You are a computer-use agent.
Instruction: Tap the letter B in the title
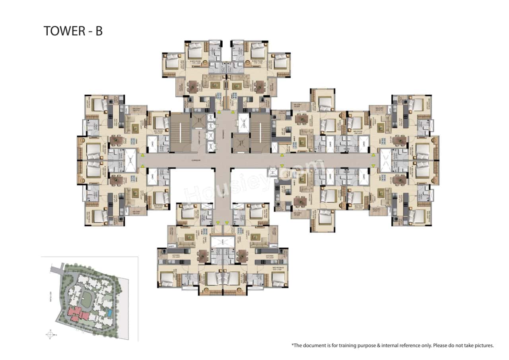98,31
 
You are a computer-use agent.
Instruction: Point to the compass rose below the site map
50,334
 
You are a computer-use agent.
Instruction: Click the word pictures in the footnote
483,346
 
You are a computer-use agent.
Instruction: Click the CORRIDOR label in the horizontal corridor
195,160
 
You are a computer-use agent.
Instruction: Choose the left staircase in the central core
181,132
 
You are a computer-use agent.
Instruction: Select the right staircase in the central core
260,132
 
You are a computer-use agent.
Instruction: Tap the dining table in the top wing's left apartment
193,86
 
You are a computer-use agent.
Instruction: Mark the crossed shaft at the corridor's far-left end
130,160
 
